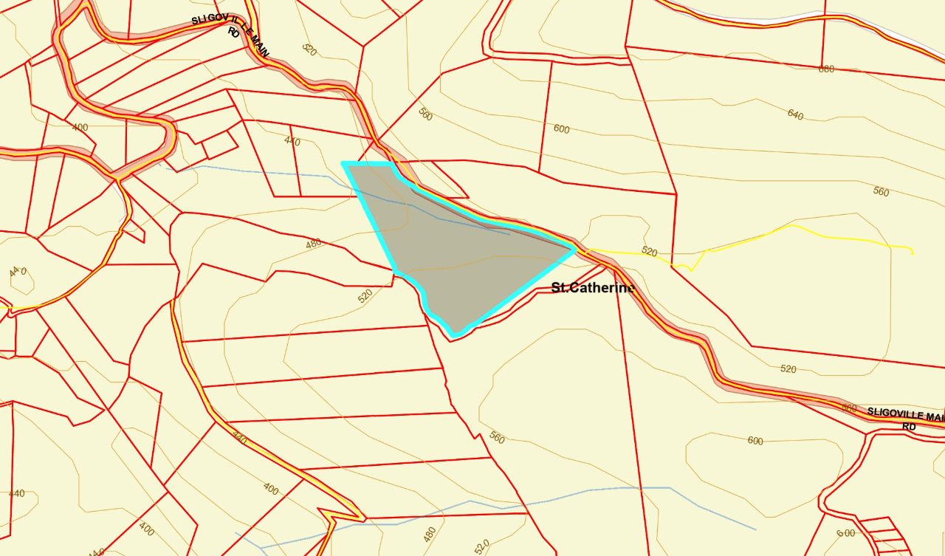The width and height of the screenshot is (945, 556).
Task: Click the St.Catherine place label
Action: [x=593, y=288]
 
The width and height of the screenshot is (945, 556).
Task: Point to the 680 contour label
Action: [x=826, y=69]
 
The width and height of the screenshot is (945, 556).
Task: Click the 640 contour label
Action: [x=795, y=115]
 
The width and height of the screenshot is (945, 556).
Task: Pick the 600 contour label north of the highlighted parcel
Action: [x=561, y=129]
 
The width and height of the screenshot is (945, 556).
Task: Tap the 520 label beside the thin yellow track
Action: [x=649, y=252]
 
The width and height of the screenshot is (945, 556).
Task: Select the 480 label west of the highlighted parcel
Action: [x=314, y=243]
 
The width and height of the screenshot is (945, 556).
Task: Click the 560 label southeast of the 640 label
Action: [x=881, y=192]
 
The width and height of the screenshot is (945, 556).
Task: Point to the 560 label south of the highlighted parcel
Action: [x=497, y=438]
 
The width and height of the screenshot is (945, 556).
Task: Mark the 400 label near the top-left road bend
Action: [x=80, y=128]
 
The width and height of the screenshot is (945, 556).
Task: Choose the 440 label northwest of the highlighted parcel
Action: [x=292, y=141]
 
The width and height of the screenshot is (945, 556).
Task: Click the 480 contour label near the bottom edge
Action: [x=430, y=533]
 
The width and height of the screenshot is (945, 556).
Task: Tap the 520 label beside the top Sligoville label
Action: [x=309, y=49]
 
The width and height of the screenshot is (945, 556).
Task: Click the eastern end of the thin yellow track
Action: [x=913, y=253]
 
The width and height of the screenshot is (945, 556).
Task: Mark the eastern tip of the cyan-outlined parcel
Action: [x=575, y=248]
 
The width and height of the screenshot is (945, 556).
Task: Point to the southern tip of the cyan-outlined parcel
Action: [x=456, y=336]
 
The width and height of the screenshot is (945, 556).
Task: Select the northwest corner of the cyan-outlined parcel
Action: [x=343, y=163]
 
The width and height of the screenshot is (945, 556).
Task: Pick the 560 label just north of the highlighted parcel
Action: [x=425, y=114]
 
